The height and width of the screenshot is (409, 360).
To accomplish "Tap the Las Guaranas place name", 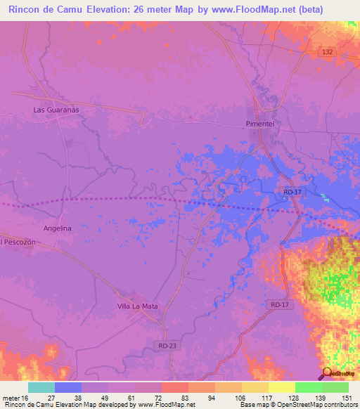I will click(x=56, y=110).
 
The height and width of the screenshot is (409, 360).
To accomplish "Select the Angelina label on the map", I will click(x=57, y=228).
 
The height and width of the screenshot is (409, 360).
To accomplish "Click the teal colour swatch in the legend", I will click(x=41, y=387).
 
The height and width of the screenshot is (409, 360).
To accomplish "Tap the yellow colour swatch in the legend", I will click(x=281, y=387).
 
